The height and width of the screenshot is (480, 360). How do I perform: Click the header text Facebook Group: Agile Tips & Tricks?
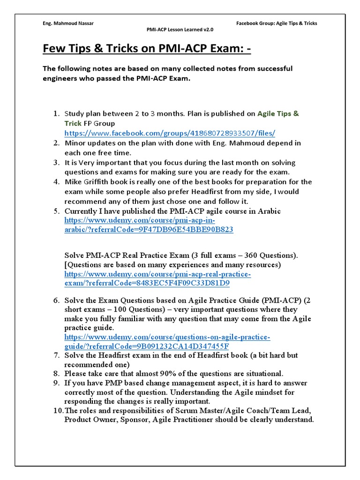point(277,23)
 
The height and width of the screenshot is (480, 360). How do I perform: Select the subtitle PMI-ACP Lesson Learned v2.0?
point(180,30)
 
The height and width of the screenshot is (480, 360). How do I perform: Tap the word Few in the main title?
point(55,49)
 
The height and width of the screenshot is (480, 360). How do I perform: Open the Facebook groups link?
point(170,133)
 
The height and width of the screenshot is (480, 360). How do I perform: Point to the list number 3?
point(56,163)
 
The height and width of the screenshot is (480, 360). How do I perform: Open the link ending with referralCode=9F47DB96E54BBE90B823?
point(149,230)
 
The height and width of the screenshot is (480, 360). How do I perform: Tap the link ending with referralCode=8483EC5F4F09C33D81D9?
point(147,283)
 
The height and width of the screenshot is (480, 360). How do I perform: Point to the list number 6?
point(56,300)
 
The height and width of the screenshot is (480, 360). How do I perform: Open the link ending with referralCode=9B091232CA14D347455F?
point(146,346)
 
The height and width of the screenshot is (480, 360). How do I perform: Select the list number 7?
point(56,355)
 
